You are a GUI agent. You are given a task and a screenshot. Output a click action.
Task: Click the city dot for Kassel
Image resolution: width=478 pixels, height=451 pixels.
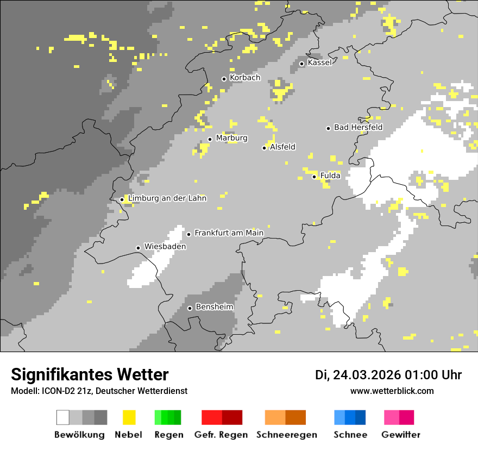coord(301,64)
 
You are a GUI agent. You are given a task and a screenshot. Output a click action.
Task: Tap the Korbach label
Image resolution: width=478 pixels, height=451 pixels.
coord(245,78)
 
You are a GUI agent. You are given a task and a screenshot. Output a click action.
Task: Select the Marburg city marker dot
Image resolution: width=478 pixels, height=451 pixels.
coord(210,139)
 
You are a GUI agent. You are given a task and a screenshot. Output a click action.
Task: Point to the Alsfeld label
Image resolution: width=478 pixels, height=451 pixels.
coord(282,147)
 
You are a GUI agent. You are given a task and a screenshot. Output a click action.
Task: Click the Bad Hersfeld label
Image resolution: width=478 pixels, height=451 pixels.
coord(358,127)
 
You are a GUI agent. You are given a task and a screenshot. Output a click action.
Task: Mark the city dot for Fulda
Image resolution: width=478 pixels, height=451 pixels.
coord(314,177)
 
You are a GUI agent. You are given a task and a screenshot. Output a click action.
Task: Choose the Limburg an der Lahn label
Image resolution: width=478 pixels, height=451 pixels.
coord(167,198)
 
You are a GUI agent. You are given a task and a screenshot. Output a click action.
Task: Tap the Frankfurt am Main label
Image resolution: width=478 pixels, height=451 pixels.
coord(229,233)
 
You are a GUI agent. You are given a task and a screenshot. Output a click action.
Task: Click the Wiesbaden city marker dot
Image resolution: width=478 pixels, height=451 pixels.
coord(138,248)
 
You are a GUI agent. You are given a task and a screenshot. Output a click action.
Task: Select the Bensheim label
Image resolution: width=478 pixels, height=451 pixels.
coord(214,307)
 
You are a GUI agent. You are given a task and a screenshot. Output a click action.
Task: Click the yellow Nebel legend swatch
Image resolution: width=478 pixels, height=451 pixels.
coord(129,417)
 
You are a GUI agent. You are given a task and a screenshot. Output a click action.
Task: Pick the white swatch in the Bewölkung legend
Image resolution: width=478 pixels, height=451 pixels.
coord(63,417)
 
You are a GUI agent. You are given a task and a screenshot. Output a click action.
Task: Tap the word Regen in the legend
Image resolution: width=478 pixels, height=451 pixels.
coord(168,435)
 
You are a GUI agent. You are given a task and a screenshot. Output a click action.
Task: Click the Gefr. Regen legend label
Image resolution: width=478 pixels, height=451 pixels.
coord(221,435)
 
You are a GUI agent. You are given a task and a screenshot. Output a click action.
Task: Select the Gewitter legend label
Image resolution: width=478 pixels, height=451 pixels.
coord(401,435)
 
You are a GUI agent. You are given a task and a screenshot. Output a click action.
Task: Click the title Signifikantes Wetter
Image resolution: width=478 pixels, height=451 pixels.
coord(90,375)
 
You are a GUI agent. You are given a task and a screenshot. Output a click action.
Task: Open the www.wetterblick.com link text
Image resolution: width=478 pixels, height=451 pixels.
coord(392,391)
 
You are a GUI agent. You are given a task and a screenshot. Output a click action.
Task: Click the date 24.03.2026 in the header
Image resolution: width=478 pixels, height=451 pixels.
coord(367,375)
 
